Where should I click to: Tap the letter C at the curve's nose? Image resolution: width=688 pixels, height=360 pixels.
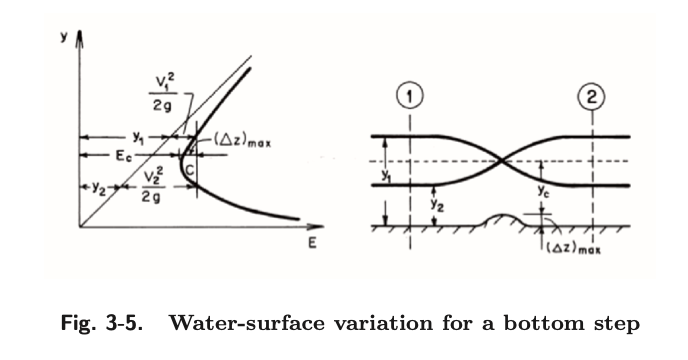[189, 173]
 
